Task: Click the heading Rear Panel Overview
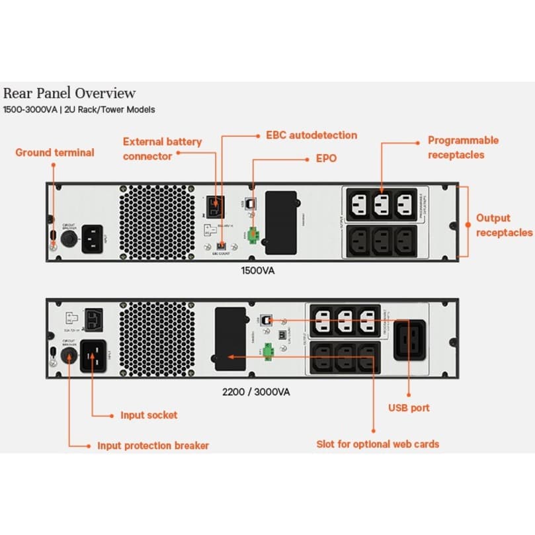69,93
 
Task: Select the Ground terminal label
55,153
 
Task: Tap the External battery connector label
162,149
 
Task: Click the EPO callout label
326,159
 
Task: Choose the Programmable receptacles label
463,147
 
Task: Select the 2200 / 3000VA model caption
256,391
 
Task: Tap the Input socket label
149,415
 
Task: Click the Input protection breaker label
153,446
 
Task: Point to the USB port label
409,408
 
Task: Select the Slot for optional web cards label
378,444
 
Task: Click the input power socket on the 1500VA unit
93,236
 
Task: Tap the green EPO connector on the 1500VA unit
252,236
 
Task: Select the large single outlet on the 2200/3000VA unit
409,340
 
